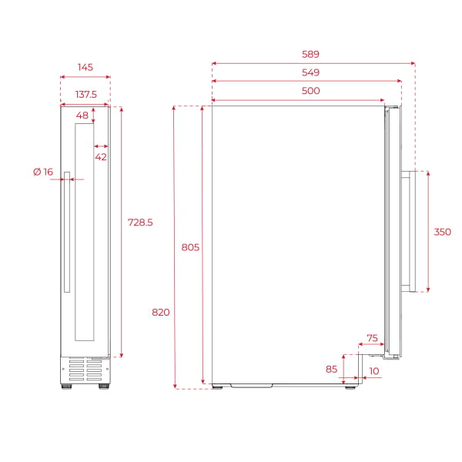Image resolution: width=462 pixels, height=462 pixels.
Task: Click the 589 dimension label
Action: (x=311, y=55)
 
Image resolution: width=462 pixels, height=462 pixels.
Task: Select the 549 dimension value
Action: (x=311, y=72)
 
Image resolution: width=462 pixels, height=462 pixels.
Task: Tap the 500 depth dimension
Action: (x=311, y=91)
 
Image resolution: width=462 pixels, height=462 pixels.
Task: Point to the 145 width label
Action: (x=85, y=68)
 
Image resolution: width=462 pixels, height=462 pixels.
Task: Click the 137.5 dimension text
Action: (x=85, y=94)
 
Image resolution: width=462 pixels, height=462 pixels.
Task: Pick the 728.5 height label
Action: (x=140, y=223)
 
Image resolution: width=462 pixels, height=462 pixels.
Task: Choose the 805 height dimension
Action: (x=190, y=247)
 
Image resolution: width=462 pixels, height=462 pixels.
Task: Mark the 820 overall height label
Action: (x=161, y=313)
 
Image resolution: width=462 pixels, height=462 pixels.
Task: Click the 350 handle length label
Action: (x=442, y=232)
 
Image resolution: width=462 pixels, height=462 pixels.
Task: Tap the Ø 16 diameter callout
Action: (x=43, y=172)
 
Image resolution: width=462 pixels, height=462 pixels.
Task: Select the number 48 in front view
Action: (x=82, y=115)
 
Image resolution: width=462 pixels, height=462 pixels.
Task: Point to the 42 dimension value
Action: (x=101, y=156)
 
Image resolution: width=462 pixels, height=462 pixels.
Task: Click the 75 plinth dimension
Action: (x=372, y=338)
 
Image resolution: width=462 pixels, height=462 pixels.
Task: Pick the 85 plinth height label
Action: (x=331, y=369)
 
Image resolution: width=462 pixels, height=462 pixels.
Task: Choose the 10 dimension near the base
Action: (x=374, y=371)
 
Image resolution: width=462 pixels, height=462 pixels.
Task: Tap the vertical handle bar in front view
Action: (x=67, y=231)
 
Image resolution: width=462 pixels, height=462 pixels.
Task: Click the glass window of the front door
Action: (x=85, y=231)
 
